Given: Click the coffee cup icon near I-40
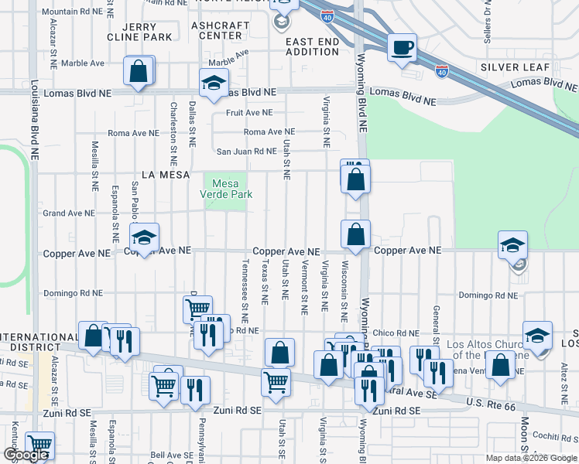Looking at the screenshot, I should [x=402, y=47].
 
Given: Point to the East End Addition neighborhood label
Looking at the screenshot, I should [x=312, y=46].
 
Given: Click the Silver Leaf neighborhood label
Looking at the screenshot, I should [x=509, y=67].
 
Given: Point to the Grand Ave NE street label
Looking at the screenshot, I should [x=68, y=213].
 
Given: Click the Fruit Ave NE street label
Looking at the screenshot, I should [x=249, y=112].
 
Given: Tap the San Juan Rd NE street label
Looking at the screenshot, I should [x=245, y=152].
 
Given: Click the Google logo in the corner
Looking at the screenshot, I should [x=26, y=455].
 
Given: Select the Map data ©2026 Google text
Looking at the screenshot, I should [x=530, y=458].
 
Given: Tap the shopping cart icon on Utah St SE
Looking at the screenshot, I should [x=276, y=381].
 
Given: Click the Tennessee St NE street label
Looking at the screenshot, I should [x=245, y=290].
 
